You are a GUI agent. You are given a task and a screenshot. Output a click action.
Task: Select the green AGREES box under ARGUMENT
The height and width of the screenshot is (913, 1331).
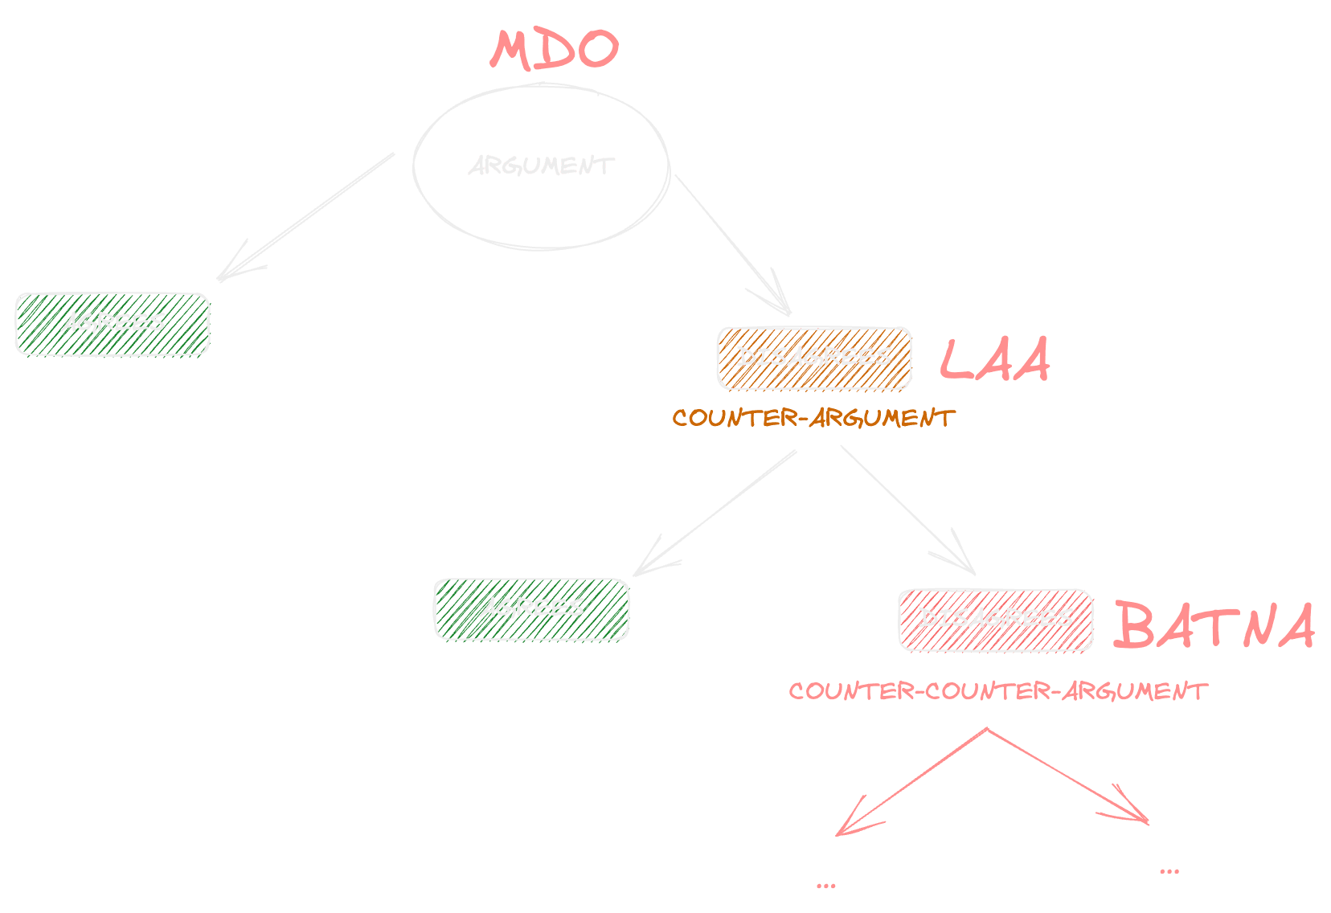point(113,323)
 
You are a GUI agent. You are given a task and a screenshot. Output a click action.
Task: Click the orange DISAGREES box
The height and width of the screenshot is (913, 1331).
point(814,358)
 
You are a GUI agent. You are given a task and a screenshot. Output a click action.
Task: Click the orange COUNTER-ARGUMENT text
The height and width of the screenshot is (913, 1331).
point(813,418)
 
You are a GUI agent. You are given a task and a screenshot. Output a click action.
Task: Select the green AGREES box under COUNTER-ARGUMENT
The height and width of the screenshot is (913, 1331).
point(531,608)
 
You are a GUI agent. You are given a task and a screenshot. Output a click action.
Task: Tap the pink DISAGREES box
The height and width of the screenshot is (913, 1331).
point(996,619)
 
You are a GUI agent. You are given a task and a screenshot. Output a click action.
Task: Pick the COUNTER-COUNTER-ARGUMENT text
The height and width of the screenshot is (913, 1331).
point(997,691)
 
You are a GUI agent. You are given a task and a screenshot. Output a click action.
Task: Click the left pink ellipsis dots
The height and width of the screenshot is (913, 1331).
point(825,886)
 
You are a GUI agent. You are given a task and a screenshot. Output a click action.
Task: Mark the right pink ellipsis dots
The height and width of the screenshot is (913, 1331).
point(1169,871)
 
